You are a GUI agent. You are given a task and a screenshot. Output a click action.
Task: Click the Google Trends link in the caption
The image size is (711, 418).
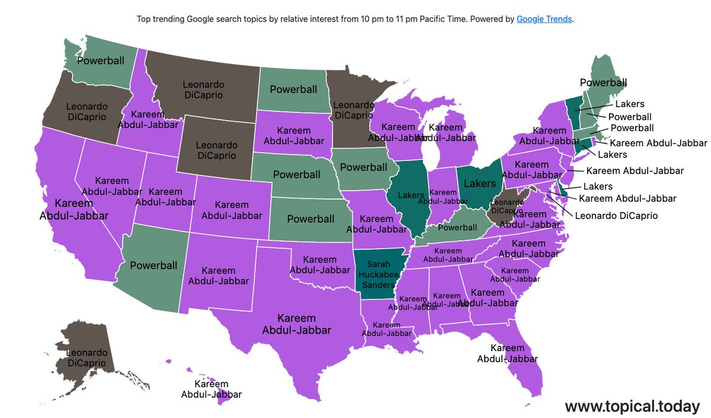545,19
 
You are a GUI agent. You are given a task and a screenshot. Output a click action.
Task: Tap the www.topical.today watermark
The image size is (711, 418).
632,406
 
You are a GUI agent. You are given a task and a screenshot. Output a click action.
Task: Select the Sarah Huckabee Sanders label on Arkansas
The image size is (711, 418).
374,274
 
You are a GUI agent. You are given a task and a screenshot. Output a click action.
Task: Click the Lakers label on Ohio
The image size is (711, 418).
479,184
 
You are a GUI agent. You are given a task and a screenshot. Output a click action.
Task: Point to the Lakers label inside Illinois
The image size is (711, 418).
411,194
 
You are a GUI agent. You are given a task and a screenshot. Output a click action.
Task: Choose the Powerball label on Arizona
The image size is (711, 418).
153,265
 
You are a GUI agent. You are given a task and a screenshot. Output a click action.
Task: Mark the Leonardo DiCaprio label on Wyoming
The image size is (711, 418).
216,150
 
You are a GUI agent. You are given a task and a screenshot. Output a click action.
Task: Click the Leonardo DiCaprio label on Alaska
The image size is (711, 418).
82,358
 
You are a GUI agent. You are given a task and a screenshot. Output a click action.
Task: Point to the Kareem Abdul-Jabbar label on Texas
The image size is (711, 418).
296,324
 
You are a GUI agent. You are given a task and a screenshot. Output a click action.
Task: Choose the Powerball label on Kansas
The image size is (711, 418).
310,219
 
